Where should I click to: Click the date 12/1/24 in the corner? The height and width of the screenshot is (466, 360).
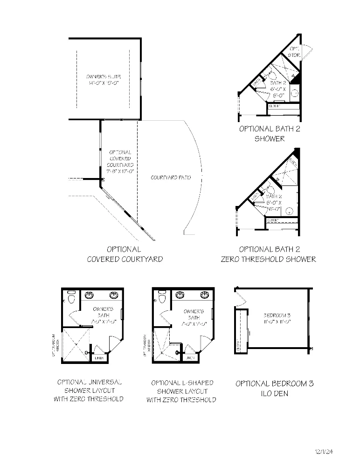pos(325,451)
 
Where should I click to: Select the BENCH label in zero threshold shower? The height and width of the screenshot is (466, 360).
pos(293,163)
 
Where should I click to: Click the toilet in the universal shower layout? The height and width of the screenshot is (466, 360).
pos(71,297)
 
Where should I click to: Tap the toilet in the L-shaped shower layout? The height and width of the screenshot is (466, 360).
pos(162,297)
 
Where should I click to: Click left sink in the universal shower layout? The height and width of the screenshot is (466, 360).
pos(90,295)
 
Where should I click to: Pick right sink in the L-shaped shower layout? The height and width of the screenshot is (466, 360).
pos(204,295)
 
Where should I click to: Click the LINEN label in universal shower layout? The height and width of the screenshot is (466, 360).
pos(99,358)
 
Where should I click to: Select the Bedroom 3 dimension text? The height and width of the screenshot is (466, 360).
pos(274,321)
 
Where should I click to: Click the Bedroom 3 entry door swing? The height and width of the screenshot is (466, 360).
pos(240,297)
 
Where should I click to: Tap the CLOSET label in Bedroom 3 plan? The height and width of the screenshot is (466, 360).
pos(238,347)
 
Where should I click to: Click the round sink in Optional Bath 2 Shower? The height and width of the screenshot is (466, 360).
pos(294,93)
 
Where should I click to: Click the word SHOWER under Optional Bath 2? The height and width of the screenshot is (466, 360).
pos(269,138)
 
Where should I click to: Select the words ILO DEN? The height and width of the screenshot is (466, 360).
pos(274,394)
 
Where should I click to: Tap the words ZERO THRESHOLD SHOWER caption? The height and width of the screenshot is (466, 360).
pos(268,259)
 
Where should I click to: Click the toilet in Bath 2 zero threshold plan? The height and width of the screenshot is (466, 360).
pos(263,191)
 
